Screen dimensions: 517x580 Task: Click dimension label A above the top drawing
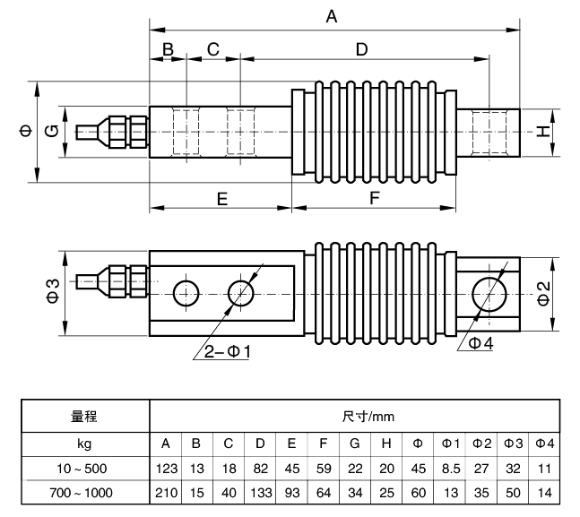[333, 16]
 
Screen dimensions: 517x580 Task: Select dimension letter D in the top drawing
[361, 49]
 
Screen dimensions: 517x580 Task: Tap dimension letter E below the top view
[222, 199]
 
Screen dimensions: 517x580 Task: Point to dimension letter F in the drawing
[375, 199]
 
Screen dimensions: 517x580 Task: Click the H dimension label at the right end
[541, 132]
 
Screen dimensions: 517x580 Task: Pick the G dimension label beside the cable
[53, 132]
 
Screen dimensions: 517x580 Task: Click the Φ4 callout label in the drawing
[482, 343]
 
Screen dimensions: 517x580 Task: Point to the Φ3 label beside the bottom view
[53, 291]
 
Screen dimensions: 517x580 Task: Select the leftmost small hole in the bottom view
[186, 292]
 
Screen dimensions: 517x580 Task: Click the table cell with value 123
[165, 468]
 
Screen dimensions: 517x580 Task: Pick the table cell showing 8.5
[450, 468]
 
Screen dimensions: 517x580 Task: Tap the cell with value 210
[165, 492]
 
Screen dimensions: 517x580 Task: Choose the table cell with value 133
[259, 492]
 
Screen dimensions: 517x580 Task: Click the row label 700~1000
[83, 492]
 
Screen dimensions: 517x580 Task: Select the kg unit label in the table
[83, 444]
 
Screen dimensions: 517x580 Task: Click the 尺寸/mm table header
[355, 417]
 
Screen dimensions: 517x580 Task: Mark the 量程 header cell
[83, 417]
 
